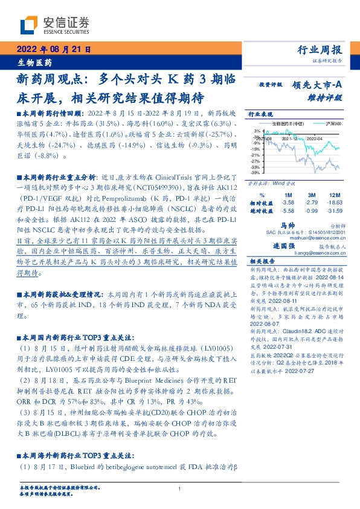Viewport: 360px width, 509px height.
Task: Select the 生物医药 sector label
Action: point(35,62)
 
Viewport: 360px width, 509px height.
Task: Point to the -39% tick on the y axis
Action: point(257,173)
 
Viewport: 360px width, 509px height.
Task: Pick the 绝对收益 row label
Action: point(261,210)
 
